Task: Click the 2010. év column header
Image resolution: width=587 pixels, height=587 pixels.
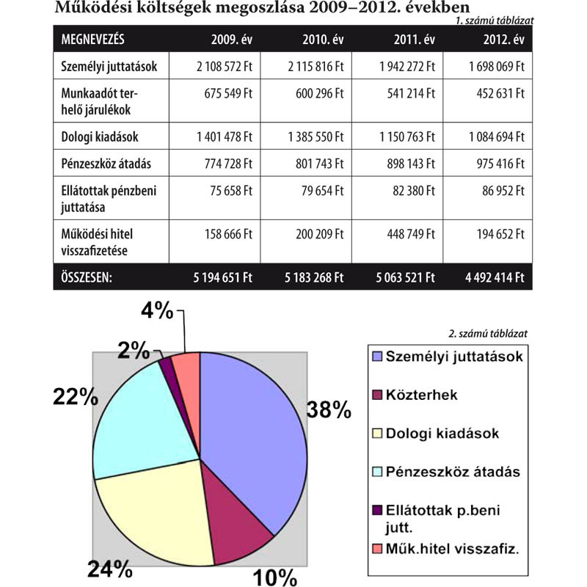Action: (322, 38)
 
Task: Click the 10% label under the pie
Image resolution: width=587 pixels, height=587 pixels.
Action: (275, 577)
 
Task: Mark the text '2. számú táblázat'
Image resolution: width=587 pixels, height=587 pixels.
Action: (487, 333)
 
